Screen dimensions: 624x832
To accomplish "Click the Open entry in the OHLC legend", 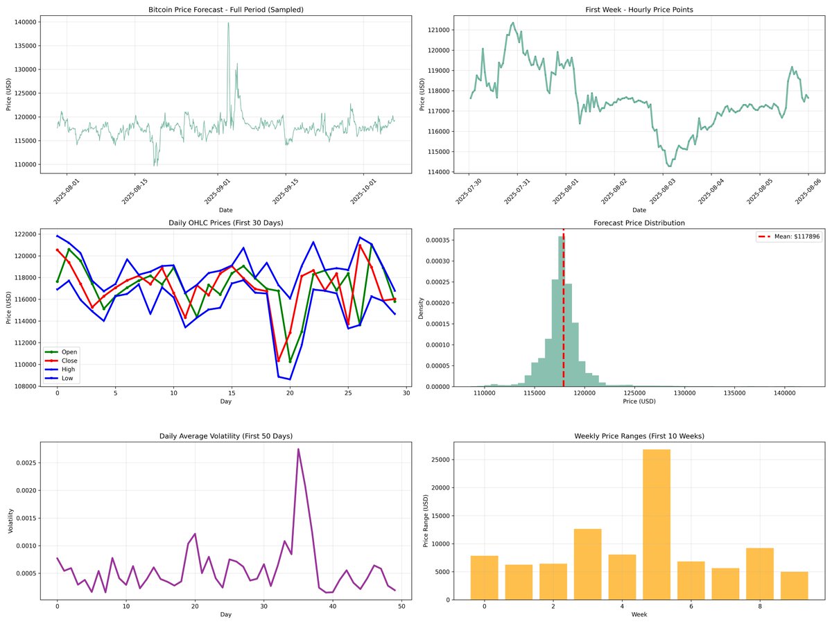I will click(69, 352).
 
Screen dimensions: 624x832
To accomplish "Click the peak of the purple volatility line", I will click(298, 449).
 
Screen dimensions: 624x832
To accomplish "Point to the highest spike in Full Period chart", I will click(228, 24).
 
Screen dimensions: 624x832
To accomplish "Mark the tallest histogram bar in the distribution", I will click(561, 312).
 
